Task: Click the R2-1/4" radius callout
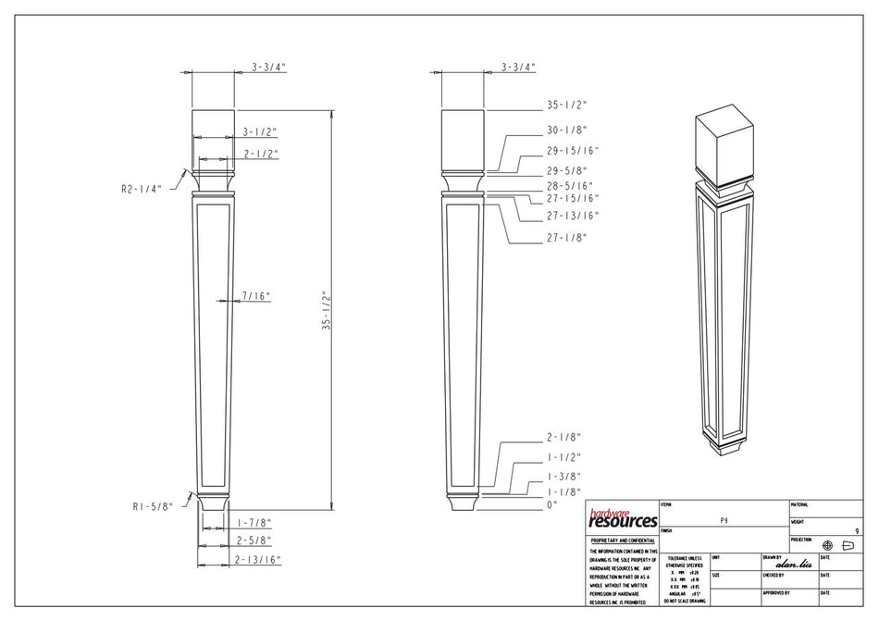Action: (x=141, y=188)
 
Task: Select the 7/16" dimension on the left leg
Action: (x=255, y=296)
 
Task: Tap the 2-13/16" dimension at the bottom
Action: (x=258, y=560)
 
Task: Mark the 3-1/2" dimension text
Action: (x=260, y=132)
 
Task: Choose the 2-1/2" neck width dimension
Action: (x=261, y=154)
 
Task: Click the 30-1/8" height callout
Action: (x=566, y=130)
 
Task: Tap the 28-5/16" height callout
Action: (x=569, y=186)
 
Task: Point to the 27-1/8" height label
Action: (x=566, y=238)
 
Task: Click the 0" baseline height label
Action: (x=553, y=504)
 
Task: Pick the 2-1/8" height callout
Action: (x=563, y=437)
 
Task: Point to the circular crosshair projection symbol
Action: (x=827, y=545)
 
